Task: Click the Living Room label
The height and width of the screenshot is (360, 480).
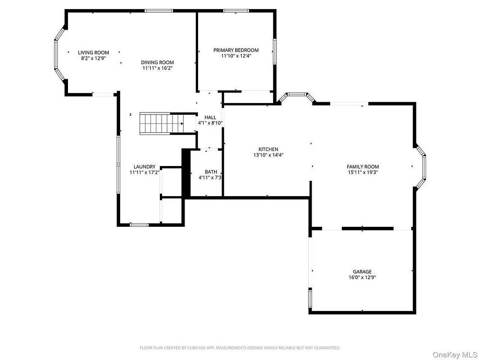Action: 93,53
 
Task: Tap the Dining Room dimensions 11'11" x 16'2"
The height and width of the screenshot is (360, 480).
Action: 157,68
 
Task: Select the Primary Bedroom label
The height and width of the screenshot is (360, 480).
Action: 236,50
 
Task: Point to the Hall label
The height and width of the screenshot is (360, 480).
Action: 210,117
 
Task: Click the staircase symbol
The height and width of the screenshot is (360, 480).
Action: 162,124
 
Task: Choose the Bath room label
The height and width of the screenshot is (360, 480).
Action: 211,172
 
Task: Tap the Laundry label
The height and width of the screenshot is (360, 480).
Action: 145,166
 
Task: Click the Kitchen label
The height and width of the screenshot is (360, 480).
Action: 268,149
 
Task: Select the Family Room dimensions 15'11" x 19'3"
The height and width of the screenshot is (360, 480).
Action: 363,172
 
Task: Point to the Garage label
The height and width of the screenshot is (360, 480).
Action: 362,272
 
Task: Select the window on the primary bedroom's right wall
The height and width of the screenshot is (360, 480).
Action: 275,51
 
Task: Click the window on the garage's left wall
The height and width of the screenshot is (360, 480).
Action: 310,298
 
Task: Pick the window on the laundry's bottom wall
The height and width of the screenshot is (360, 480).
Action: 139,225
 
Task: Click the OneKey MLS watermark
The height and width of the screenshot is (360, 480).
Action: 455,355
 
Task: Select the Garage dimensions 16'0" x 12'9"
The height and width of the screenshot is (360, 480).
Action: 362,278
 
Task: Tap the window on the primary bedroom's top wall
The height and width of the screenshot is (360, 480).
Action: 235,11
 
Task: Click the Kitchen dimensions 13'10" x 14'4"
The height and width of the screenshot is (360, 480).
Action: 268,155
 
